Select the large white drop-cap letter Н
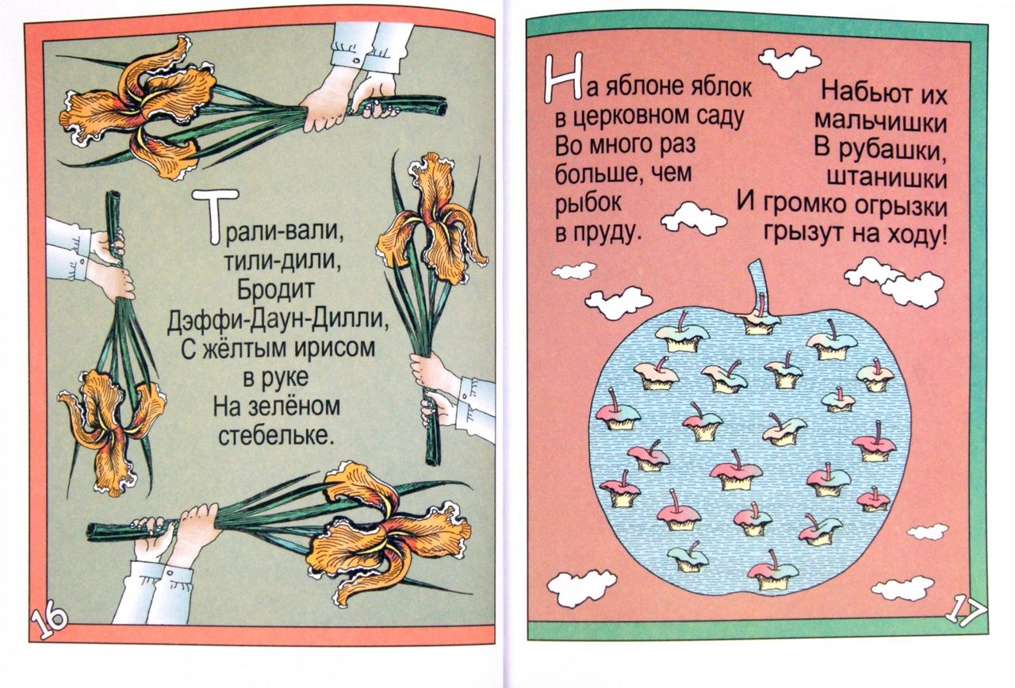pos(562,78)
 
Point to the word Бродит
pos(275,290)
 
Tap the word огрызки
pos(900,206)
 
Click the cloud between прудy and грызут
pos(693,220)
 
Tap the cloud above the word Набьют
pos(789,63)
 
